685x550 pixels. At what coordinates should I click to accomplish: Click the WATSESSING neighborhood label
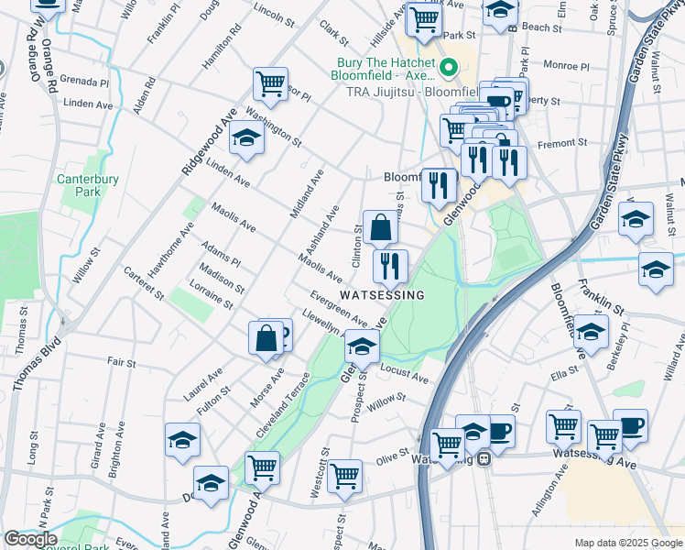(383, 295)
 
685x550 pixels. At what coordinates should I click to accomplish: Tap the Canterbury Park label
(88, 185)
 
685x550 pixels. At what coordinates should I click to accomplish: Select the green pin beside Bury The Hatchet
(449, 67)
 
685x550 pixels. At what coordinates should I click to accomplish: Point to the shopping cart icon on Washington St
(270, 84)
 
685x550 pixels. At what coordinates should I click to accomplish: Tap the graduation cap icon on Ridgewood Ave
(246, 138)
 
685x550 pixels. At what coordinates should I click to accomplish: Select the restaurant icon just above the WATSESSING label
(390, 266)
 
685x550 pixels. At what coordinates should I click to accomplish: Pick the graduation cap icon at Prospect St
(362, 346)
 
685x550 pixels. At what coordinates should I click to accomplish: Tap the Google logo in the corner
(29, 539)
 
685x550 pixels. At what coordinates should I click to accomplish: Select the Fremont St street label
(563, 143)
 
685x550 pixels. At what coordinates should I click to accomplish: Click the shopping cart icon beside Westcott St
(344, 475)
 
